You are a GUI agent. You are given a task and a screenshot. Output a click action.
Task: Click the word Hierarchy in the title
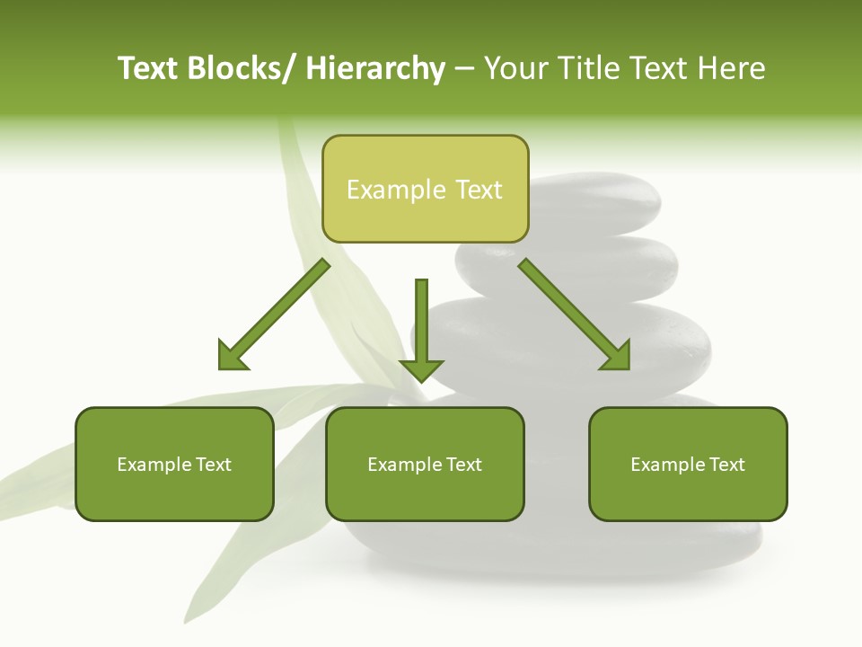[375, 69]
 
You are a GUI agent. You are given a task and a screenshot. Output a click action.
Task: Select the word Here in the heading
[732, 69]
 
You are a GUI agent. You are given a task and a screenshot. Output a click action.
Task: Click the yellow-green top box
[425, 189]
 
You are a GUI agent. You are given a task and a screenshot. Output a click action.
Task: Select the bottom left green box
[174, 464]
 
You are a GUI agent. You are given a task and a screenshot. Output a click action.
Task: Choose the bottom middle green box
[425, 464]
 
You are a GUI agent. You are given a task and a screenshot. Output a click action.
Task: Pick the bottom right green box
[688, 464]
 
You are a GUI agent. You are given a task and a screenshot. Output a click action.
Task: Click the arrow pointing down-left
[274, 315]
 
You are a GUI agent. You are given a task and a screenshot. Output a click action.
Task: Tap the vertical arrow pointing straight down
[421, 328]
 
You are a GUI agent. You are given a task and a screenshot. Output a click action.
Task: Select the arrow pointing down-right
[575, 315]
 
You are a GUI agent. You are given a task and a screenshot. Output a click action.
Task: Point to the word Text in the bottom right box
[727, 465]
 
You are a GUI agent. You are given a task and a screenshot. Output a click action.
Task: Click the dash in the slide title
[464, 69]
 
